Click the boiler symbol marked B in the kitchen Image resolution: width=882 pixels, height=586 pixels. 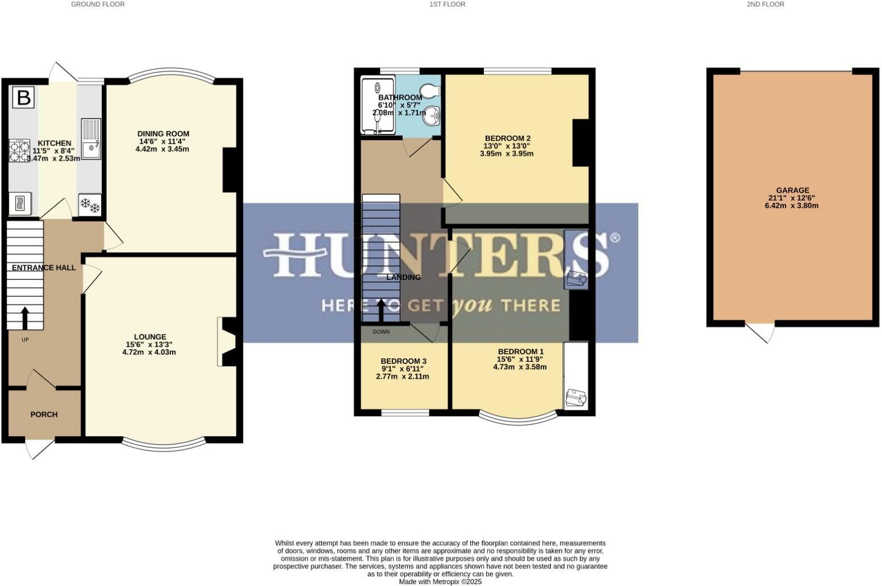pyautogui.click(x=23, y=98)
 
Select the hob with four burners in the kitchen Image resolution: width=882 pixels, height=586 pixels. pyautogui.click(x=20, y=151)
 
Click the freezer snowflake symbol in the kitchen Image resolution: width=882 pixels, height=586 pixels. pyautogui.click(x=90, y=205)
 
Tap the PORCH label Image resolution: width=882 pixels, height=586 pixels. pyautogui.click(x=44, y=415)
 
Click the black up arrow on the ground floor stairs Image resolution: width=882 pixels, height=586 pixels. pyautogui.click(x=25, y=318)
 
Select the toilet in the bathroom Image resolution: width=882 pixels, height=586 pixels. pyautogui.click(x=430, y=91)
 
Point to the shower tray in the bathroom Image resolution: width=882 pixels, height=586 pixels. pyautogui.click(x=378, y=106)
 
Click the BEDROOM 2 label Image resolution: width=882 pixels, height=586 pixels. pyautogui.click(x=507, y=139)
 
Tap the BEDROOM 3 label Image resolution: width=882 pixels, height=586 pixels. pyautogui.click(x=403, y=361)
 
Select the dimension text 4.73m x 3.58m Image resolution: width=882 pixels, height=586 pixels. pyautogui.click(x=520, y=367)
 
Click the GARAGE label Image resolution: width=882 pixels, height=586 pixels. pyautogui.click(x=792, y=190)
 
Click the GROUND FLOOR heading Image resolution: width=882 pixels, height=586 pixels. pyautogui.click(x=98, y=5)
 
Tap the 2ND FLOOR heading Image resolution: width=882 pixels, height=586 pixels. pyautogui.click(x=765, y=5)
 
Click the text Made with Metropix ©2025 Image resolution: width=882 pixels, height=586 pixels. pyautogui.click(x=440, y=581)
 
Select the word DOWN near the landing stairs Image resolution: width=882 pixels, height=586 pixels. pyautogui.click(x=381, y=332)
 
